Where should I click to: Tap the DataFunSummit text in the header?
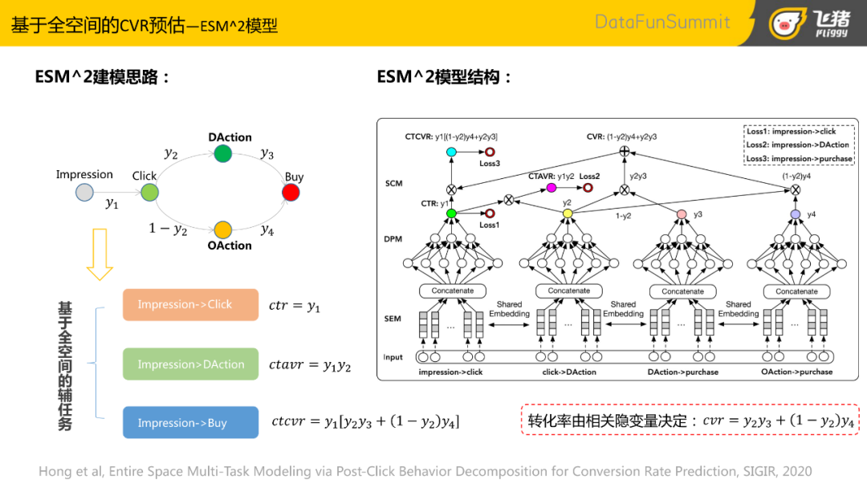pos(662,22)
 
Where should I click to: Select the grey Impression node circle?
pos(84,192)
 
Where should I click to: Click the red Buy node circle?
pos(291,193)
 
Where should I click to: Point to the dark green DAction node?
pos(223,153)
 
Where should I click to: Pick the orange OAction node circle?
pos(223,230)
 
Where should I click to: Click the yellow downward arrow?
pos(100,254)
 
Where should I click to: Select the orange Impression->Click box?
pos(190,305)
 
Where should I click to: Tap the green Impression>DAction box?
pos(190,364)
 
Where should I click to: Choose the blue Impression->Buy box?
pos(190,423)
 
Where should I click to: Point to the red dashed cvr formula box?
pos(690,420)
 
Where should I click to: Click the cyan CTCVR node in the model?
pos(450,152)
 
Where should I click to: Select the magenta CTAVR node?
pos(551,188)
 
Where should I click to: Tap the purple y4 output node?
pos(795,214)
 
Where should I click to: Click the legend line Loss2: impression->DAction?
pos(798,145)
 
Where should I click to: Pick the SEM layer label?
pos(393,319)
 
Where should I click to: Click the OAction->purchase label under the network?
pos(796,372)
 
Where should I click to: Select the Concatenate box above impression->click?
pos(453,291)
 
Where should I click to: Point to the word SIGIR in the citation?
pos(763,471)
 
